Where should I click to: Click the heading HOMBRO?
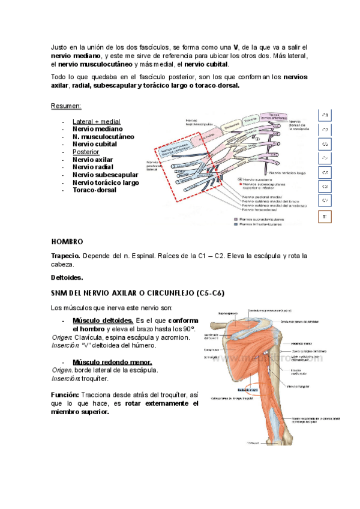pyautogui.click(x=67, y=241)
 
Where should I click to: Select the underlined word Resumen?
pyautogui.click(x=67, y=106)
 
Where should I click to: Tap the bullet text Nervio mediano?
pyautogui.click(x=97, y=128)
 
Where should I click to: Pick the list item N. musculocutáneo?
pyautogui.click(x=103, y=136)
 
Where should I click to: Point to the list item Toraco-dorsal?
pyautogui.click(x=95, y=190)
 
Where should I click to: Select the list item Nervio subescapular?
pyautogui.click(x=105, y=175)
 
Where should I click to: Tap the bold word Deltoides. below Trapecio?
pyautogui.click(x=67, y=277)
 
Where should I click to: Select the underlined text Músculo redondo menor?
pyautogui.click(x=112, y=362)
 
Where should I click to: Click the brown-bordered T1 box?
pyautogui.click(x=324, y=216)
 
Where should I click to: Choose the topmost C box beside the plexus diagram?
pyautogui.click(x=324, y=115)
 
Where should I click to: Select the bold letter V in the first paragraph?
pyautogui.click(x=236, y=47)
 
